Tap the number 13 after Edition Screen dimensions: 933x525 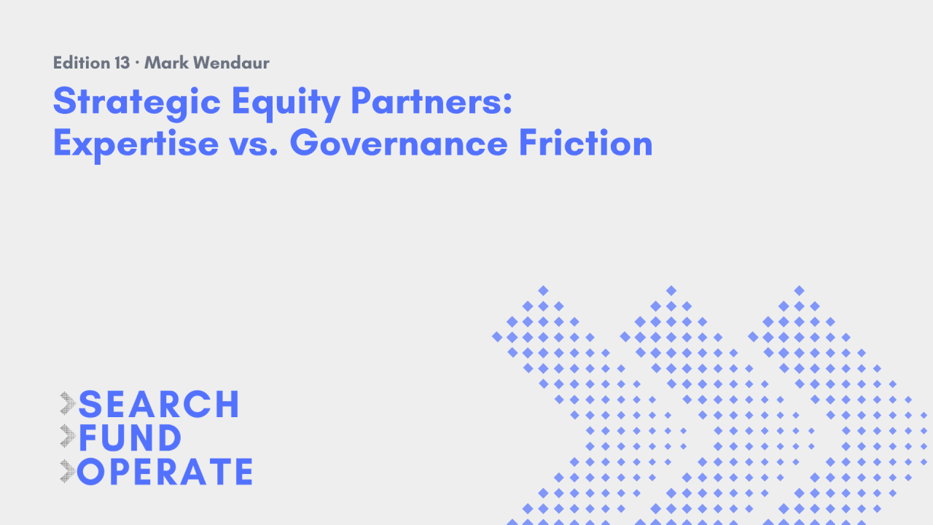point(122,63)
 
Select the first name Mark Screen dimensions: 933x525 point(166,63)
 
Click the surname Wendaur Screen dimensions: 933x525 point(232,63)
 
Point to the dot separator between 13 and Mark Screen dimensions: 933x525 point(137,63)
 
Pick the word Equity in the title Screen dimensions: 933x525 point(286,103)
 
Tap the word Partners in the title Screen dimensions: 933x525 point(432,101)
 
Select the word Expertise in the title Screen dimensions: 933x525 point(136,144)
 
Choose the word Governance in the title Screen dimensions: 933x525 point(399,142)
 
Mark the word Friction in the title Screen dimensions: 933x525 point(585,142)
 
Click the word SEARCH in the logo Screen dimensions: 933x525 point(159,404)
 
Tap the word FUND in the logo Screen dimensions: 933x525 point(130,438)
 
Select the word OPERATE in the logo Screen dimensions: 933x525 point(165,472)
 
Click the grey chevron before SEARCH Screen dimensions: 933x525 point(68,403)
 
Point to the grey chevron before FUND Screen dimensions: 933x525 point(68,436)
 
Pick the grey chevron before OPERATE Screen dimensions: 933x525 point(68,471)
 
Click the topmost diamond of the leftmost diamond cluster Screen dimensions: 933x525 point(543,290)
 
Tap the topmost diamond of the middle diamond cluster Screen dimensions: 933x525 point(671,290)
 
